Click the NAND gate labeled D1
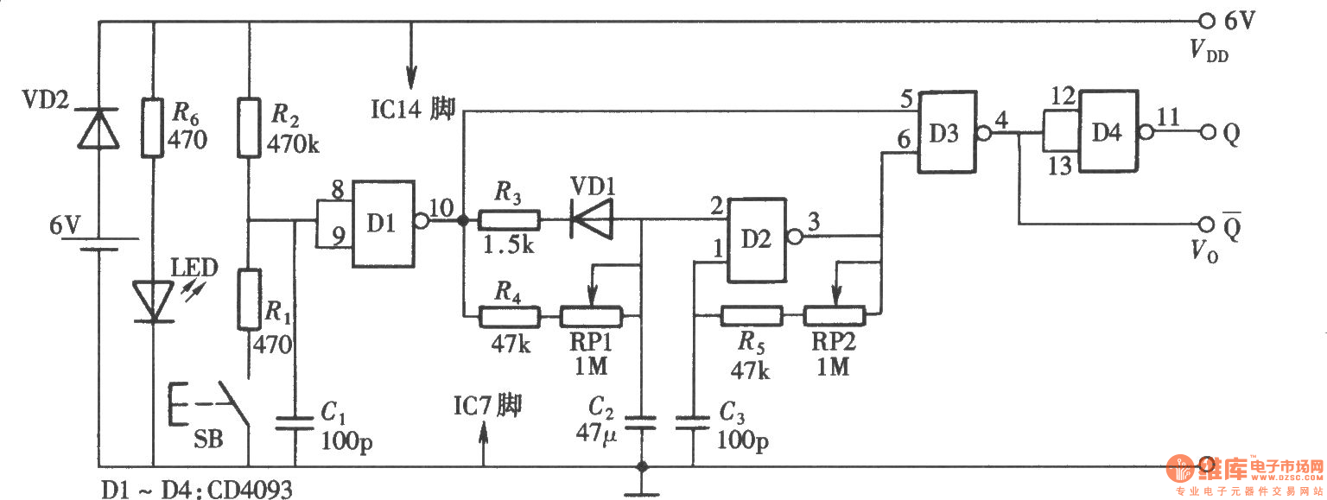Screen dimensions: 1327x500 (x=384, y=224)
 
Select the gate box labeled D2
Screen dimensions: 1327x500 (x=757, y=240)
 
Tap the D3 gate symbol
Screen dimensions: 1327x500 (x=947, y=132)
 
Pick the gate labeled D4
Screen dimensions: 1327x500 (x=1108, y=131)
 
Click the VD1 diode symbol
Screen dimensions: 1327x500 (x=591, y=220)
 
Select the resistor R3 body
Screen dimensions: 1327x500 (x=509, y=220)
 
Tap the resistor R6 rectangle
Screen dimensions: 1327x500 (x=152, y=128)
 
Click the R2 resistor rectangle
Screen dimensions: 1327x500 (x=249, y=128)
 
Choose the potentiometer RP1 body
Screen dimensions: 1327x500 (x=591, y=317)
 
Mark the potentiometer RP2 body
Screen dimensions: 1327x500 (x=834, y=316)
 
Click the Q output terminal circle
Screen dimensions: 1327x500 (x=1208, y=132)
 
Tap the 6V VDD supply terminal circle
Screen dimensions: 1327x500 (x=1207, y=22)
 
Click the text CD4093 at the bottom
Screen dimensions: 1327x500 (x=251, y=490)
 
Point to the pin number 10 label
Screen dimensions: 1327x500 (x=441, y=208)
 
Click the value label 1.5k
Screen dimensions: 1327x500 (x=508, y=244)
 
